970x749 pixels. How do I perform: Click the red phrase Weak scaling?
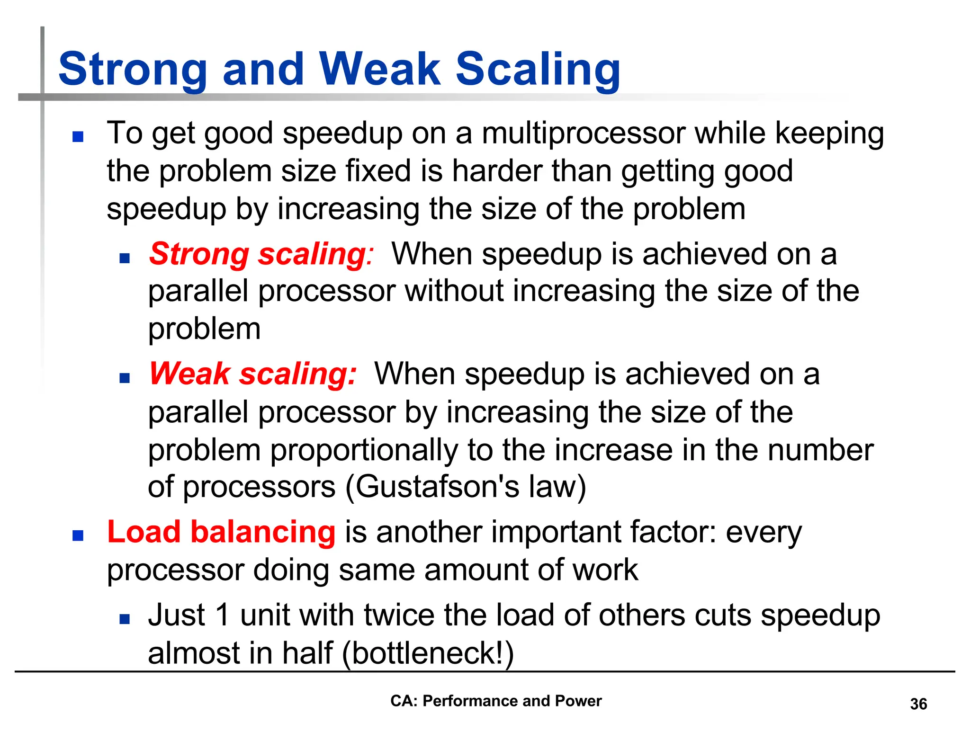pos(252,374)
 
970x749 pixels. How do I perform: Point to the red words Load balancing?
pos(221,532)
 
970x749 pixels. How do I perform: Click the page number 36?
pos(918,704)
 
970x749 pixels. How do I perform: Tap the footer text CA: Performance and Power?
pos(496,701)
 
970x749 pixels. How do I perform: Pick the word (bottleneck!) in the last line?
pos(428,653)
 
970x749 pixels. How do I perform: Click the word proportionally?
pos(364,450)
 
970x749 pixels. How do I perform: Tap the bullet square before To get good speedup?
pos(78,137)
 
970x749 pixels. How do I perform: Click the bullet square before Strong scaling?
pos(125,259)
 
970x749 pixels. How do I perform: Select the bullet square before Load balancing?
pos(78,536)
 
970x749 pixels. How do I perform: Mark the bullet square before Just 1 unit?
pos(125,619)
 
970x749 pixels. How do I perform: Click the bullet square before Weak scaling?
pos(125,378)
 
